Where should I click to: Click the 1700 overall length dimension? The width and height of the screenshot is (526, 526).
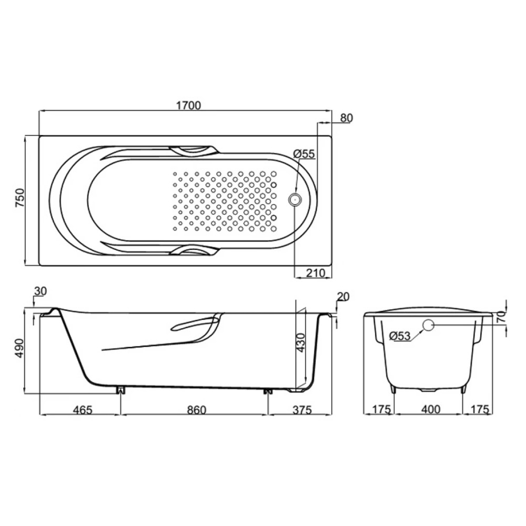188,105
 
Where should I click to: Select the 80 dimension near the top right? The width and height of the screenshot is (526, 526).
347,118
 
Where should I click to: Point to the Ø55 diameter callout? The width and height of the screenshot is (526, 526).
304,154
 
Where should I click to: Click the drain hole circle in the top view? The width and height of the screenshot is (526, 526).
295,200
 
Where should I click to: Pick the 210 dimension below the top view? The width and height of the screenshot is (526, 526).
316,273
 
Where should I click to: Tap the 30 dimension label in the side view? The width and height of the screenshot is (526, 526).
41,291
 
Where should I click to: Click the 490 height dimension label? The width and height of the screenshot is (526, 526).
20,348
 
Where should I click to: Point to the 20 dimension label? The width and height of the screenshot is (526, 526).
342,297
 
